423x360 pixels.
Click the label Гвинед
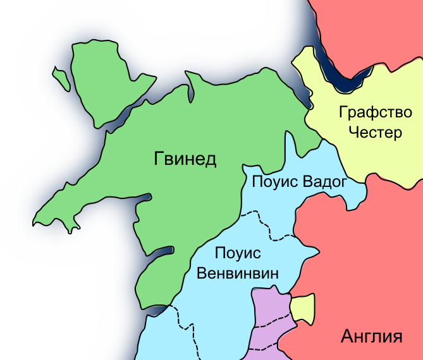[x=185, y=159]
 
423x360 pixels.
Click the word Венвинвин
[x=238, y=274]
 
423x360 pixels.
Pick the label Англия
[x=371, y=335]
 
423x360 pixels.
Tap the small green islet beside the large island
[x=61, y=78]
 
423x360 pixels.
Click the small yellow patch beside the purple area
[x=302, y=309]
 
